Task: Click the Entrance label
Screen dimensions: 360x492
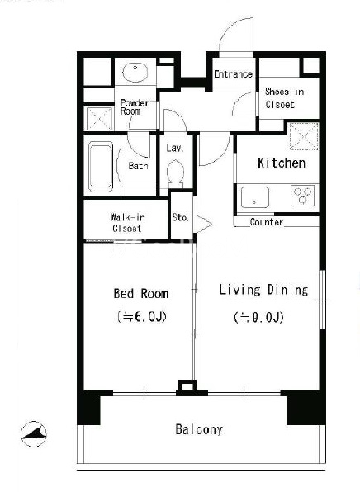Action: click(233, 74)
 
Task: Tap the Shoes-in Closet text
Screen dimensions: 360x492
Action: click(284, 98)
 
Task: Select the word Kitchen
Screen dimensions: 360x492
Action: click(282, 163)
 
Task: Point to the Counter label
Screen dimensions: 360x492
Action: click(267, 222)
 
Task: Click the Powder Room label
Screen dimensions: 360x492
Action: click(134, 107)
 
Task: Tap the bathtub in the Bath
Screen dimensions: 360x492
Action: click(101, 167)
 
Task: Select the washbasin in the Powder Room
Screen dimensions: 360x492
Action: click(135, 72)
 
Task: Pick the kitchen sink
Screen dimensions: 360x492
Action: click(255, 197)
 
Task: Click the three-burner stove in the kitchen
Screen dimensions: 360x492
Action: click(302, 196)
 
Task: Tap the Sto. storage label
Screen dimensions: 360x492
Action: click(181, 217)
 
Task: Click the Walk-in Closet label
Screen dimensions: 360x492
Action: click(127, 222)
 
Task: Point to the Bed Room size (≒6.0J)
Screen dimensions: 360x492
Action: click(141, 317)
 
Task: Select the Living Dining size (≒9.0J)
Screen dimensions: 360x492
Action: click(259, 317)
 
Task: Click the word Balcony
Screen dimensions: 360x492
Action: click(199, 429)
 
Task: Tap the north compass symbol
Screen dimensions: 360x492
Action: click(34, 434)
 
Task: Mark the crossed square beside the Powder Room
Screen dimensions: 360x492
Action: click(99, 118)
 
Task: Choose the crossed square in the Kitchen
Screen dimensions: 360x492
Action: click(304, 136)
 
